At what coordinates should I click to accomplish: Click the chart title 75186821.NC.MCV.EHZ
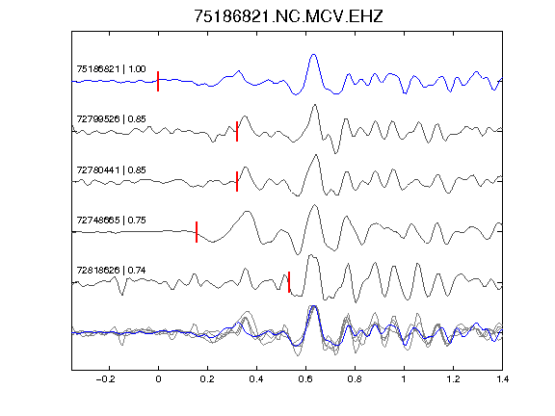[x=288, y=16]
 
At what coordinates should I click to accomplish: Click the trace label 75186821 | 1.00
[x=111, y=68]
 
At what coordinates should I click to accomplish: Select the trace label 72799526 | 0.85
[x=111, y=118]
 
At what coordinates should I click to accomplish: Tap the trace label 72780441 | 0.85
[x=111, y=170]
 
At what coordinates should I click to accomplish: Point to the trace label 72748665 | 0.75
[x=111, y=220]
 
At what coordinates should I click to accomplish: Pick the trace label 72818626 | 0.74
[x=111, y=271]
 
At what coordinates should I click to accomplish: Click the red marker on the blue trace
[x=158, y=81]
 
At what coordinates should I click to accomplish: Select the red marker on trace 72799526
[x=237, y=131]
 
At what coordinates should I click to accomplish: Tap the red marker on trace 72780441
[x=237, y=181]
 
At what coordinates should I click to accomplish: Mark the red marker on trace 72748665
[x=197, y=232]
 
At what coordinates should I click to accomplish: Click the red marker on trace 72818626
[x=289, y=282]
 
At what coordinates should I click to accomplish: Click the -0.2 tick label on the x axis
[x=106, y=379]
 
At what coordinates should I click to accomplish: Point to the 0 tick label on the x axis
[x=158, y=379]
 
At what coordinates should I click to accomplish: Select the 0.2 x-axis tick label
[x=207, y=379]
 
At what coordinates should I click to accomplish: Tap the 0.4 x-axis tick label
[x=256, y=379]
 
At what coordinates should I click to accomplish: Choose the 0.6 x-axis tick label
[x=305, y=379]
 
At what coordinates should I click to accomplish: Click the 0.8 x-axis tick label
[x=355, y=379]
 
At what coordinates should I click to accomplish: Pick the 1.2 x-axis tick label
[x=453, y=379]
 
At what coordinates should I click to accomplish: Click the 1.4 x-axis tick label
[x=502, y=379]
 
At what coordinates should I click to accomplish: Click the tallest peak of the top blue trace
[x=313, y=55]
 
